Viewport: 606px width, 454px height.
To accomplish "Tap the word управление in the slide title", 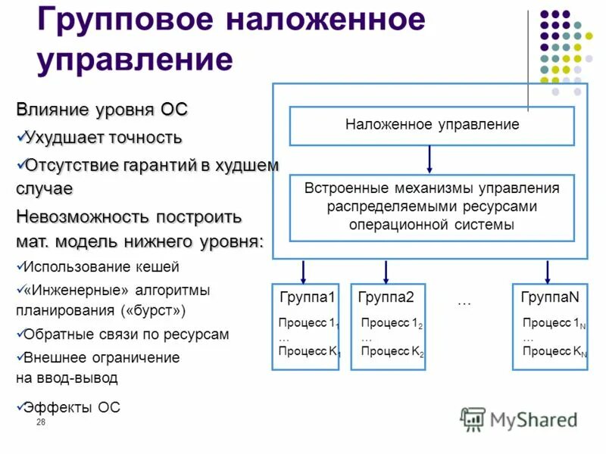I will [134, 58].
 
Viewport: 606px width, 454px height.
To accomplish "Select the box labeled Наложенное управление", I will [432, 125].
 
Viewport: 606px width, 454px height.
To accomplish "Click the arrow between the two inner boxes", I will [430, 159].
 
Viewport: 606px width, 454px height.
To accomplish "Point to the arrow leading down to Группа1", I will [304, 271].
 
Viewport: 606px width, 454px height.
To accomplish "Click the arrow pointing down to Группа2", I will [386, 271].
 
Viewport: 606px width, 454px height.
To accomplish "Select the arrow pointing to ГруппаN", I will [548, 271].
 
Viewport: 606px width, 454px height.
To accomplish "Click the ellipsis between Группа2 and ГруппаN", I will [464, 302].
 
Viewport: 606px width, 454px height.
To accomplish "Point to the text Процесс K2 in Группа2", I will [392, 352].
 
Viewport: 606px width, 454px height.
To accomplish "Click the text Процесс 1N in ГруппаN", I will [554, 323].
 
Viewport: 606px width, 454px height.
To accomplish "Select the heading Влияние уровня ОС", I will [102, 110].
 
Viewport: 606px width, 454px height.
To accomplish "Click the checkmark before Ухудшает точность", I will [20, 137].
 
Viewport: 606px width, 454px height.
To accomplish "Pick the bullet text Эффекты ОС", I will [71, 407].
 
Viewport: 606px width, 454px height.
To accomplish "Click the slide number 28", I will [41, 421].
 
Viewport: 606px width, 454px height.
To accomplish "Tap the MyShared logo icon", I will [473, 418].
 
